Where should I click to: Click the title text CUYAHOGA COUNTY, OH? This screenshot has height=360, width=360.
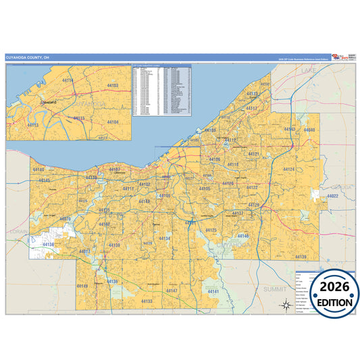(28, 57)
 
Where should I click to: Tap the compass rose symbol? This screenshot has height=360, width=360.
(286, 305)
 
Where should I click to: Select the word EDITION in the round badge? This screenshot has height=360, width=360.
(331, 302)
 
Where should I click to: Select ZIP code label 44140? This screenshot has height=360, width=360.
(38, 170)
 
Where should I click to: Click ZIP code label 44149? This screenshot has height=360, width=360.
(82, 286)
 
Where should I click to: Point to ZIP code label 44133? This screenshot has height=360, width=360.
(146, 301)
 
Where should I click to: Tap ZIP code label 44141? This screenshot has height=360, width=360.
(214, 290)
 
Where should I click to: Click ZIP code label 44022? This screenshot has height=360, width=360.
(332, 196)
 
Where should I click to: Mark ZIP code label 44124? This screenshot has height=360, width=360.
(289, 169)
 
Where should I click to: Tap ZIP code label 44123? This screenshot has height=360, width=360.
(252, 94)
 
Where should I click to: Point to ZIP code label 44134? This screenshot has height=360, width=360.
(165, 238)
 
